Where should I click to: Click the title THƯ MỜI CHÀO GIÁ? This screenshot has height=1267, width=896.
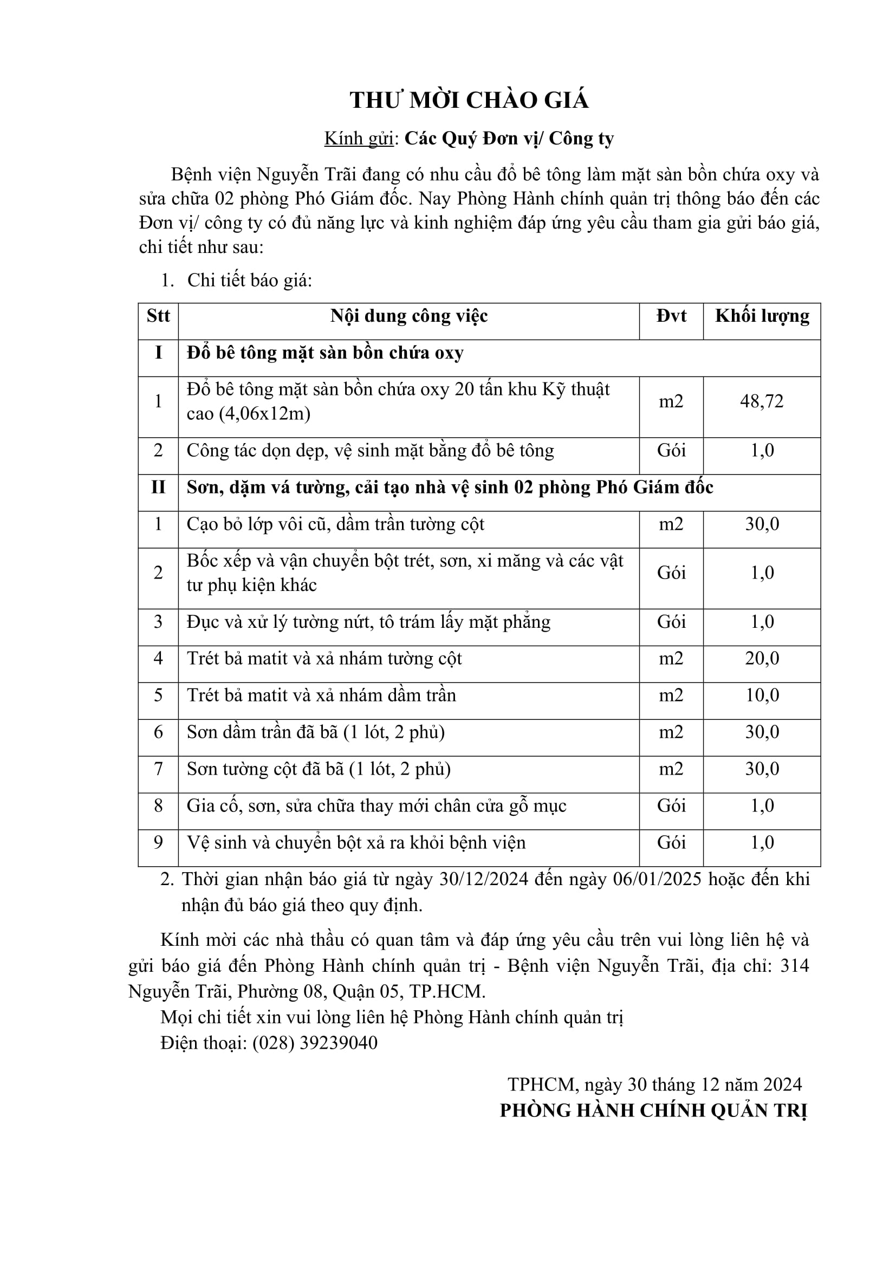[469, 100]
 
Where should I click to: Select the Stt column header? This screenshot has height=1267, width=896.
[158, 316]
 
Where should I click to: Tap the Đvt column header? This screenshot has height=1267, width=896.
[671, 316]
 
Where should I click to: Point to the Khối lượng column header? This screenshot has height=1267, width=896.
[762, 316]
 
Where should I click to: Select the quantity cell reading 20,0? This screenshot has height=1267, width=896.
[762, 658]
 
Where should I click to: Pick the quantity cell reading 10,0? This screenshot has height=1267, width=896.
[762, 696]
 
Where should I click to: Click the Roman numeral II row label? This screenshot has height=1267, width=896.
[158, 488]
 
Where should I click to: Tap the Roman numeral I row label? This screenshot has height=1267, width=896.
[158, 353]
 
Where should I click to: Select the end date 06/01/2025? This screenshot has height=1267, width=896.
[658, 879]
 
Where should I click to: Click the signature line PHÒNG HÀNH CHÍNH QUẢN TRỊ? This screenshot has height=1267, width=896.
[653, 1110]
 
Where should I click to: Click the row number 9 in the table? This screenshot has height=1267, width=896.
[158, 843]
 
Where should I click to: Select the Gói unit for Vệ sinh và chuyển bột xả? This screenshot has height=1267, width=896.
[671, 843]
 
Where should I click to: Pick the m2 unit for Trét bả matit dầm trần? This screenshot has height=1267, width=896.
[671, 696]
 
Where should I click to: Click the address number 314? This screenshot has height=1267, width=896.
[795, 965]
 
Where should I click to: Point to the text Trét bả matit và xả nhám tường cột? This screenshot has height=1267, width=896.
[324, 658]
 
